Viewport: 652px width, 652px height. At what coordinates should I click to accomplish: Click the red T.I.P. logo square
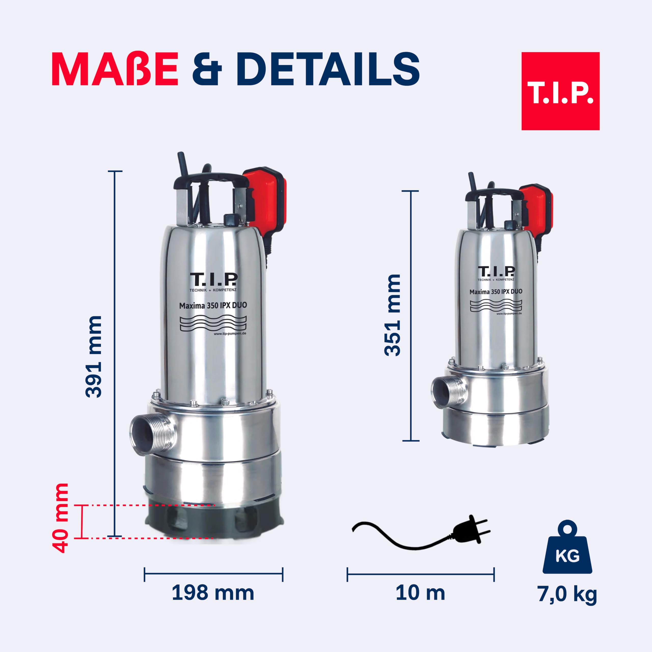pos(560,91)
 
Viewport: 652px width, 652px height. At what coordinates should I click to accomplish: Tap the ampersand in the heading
pos(207,69)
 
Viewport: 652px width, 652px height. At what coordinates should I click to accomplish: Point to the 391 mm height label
pos(93,357)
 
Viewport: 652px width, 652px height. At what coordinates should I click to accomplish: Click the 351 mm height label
pos(392,315)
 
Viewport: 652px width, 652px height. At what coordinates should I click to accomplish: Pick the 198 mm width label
pos(213,593)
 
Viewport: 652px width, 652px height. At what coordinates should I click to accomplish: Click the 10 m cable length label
pos(420,593)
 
